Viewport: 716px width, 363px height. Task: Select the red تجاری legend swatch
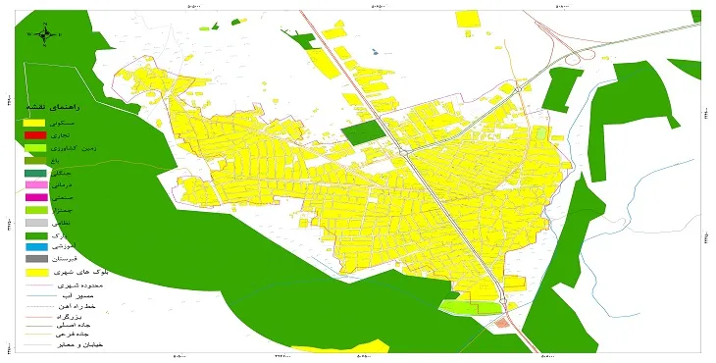(35, 134)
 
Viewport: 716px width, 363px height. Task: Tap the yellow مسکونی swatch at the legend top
(35, 122)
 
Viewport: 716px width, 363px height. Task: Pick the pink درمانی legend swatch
(35, 184)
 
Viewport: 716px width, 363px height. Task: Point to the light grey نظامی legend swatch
(35, 223)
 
